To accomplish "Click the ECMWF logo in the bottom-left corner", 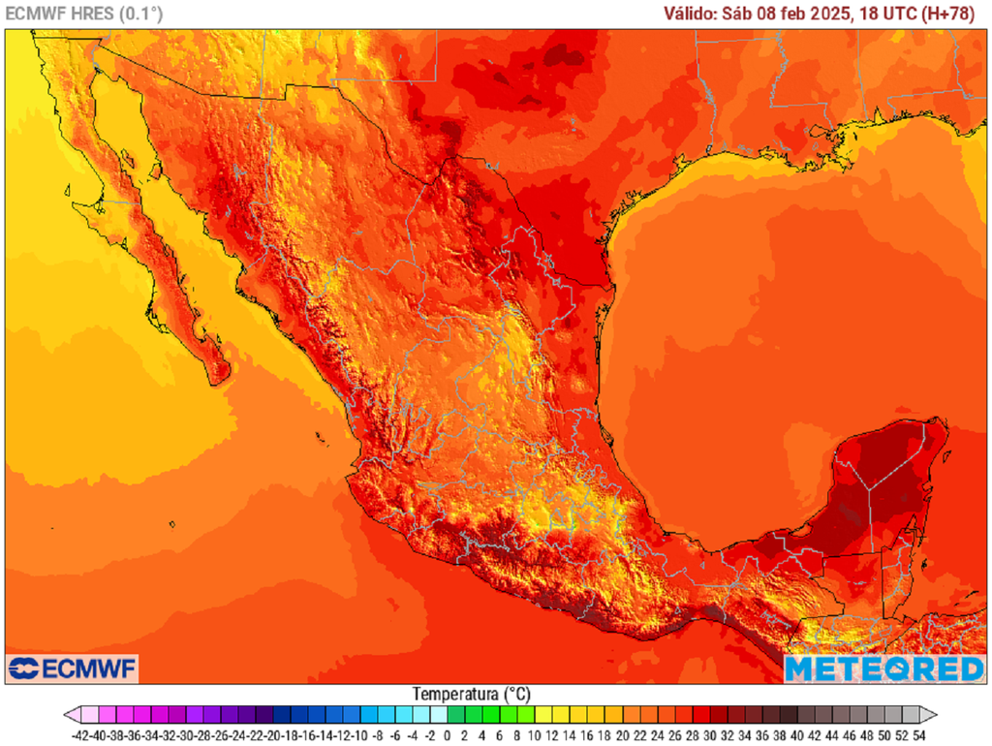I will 73,668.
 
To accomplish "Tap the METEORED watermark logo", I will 883,668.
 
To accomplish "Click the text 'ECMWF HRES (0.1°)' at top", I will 84,14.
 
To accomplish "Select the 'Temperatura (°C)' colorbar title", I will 471,695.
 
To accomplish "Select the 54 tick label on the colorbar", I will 918,735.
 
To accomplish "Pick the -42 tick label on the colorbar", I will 81,735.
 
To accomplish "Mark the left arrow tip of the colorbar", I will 66,715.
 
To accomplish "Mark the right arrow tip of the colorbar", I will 936,715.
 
